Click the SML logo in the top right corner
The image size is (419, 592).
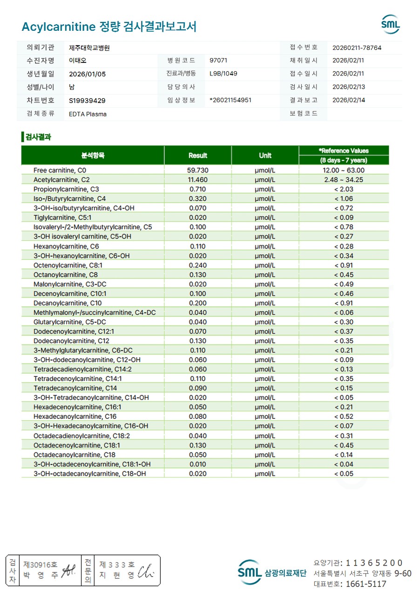coord(390,24)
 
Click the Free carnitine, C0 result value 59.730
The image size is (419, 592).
coord(197,170)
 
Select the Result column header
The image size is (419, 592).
coord(197,155)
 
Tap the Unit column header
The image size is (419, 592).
coord(265,155)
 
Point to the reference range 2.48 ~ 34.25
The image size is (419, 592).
coord(344,180)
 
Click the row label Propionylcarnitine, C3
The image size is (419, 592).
coord(66,189)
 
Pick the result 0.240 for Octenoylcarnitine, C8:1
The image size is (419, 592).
coord(197,265)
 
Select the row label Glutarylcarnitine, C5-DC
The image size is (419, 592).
coord(70,322)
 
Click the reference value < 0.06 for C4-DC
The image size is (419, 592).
coord(344,313)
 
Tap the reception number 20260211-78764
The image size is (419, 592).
coord(357,48)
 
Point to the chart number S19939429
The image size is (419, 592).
coord(87,101)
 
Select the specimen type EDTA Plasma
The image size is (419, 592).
coord(88,114)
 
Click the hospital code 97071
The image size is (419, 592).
coord(218,61)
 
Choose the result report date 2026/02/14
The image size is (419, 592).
coord(348,100)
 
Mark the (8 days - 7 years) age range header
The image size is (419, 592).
coord(344,160)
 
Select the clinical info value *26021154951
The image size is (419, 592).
coord(230,100)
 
